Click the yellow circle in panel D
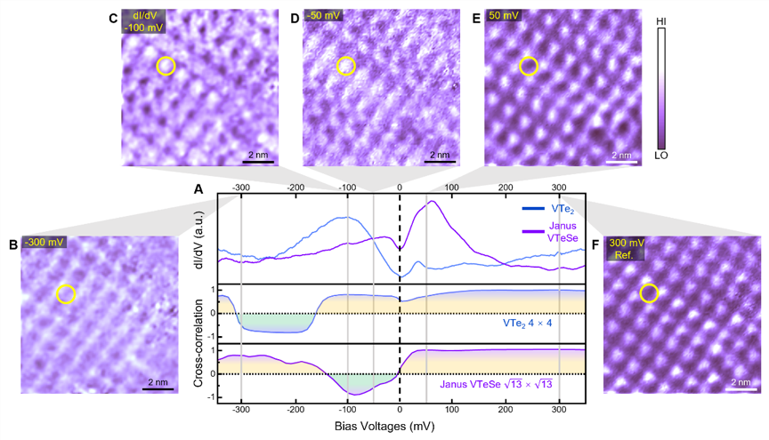pyautogui.click(x=346, y=66)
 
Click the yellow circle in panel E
pyautogui.click(x=529, y=66)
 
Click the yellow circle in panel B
pyautogui.click(x=67, y=293)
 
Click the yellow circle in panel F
pyautogui.click(x=650, y=292)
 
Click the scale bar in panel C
pyautogui.click(x=256, y=162)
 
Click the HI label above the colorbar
pyautogui.click(x=662, y=20)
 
